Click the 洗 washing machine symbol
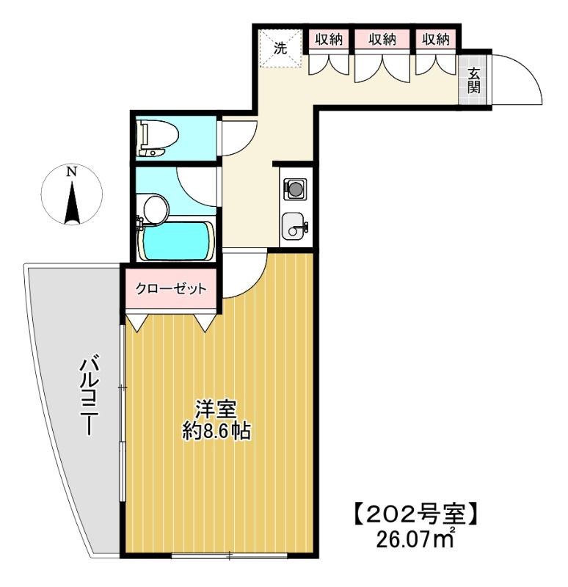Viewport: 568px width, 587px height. [280, 48]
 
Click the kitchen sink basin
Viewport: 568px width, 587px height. [295, 225]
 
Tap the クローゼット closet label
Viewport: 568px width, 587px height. [171, 289]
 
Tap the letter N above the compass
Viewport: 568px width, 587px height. [71, 172]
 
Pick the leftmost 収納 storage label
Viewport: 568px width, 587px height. [329, 40]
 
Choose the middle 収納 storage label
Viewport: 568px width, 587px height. [382, 40]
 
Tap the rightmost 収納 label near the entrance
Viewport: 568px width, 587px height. [435, 40]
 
